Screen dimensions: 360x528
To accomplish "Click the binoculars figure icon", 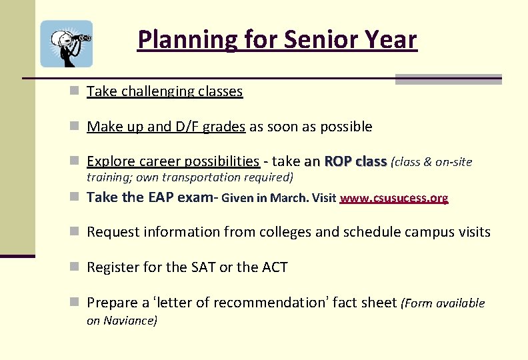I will (67, 43).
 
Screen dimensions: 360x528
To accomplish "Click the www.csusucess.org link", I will (394, 198).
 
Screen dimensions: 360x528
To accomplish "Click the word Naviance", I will (130, 320).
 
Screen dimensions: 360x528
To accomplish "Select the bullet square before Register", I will (77, 267).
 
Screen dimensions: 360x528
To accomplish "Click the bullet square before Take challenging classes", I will (77, 91).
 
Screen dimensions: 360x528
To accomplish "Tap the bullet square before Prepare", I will (77, 303).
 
